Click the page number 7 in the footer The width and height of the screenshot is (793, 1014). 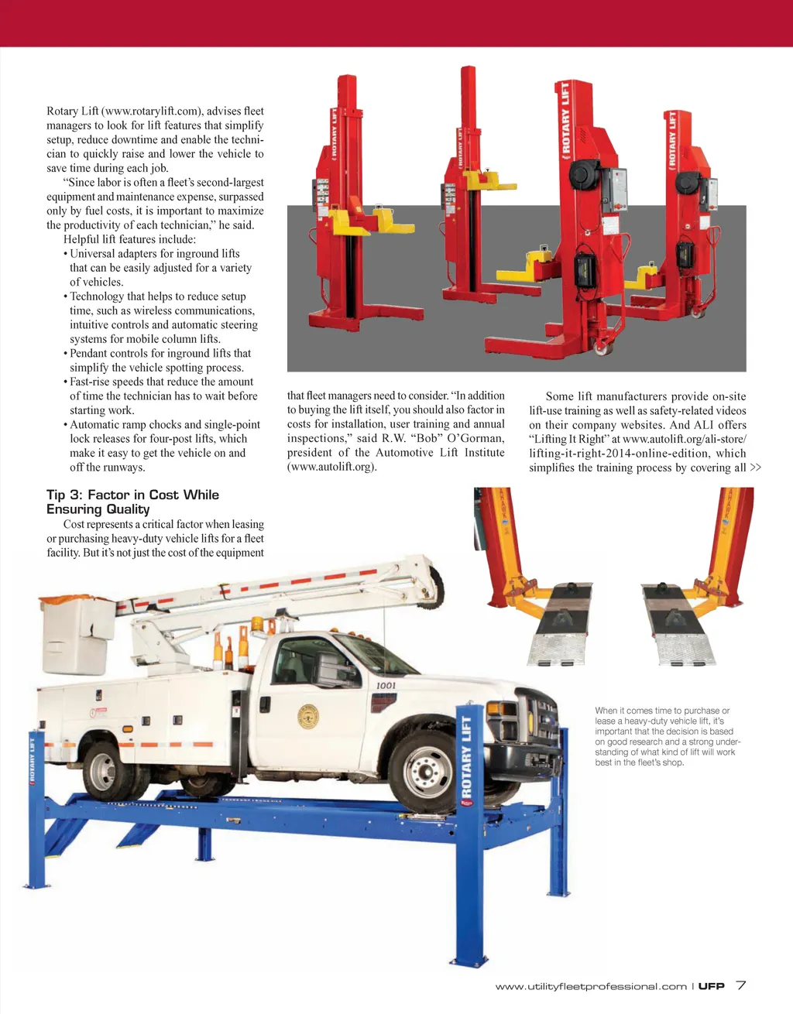click(741, 985)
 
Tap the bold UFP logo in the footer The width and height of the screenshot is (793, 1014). click(711, 986)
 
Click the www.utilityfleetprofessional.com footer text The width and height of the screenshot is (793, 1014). click(591, 986)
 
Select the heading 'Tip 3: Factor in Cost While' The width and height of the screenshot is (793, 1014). click(132, 495)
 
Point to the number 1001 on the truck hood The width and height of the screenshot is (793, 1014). click(386, 685)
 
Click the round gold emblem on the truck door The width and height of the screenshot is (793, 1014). click(308, 717)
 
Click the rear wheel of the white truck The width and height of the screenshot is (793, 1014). click(103, 770)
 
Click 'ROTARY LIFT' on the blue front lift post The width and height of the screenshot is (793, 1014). click(466, 756)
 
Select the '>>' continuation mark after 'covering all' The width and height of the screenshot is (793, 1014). click(755, 468)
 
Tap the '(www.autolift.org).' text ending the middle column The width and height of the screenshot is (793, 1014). click(331, 467)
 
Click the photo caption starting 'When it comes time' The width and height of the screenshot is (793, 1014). click(664, 736)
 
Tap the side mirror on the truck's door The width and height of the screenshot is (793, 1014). click(327, 666)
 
